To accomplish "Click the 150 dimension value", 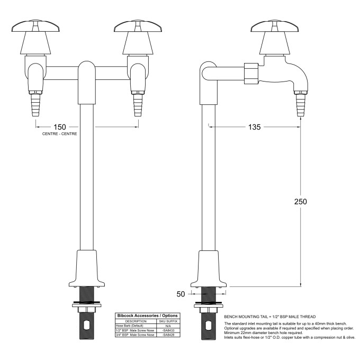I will point(59,127).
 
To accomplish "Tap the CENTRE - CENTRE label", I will point(59,134).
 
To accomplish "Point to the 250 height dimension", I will point(300,202).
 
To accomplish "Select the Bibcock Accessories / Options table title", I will point(148,316).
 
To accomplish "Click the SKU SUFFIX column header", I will point(169,321).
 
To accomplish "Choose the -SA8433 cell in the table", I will point(169,330).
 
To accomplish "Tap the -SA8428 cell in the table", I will point(169,335).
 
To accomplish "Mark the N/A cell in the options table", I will point(169,326).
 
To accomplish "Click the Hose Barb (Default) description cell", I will point(130,326).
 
